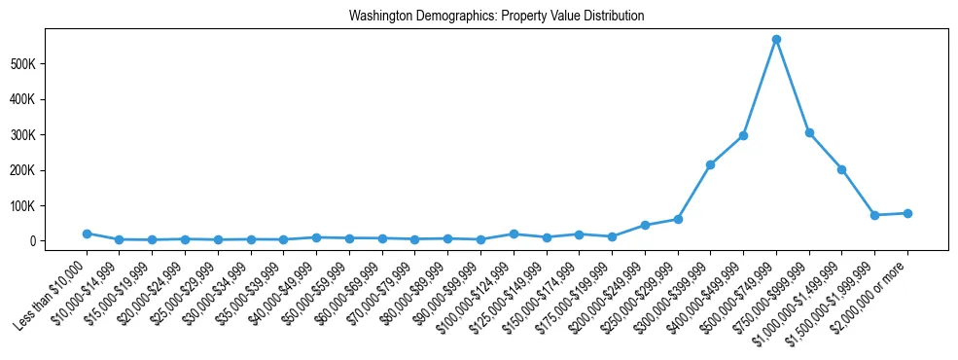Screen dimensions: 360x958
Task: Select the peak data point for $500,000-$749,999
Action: tap(776, 40)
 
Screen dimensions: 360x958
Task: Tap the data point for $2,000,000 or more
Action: tap(907, 213)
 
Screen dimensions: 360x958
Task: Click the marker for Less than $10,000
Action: tap(87, 234)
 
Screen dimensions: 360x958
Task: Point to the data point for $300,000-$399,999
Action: tap(710, 164)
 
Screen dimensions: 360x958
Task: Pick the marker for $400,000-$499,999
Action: tap(743, 135)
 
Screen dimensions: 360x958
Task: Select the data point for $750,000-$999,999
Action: tap(808, 132)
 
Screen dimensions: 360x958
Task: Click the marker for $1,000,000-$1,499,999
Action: tap(841, 169)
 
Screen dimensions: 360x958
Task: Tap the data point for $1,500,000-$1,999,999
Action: tap(874, 215)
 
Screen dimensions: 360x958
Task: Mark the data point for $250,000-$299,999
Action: tap(678, 219)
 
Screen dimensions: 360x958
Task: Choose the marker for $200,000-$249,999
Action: tap(645, 225)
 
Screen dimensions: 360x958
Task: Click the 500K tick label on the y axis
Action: tap(51, 64)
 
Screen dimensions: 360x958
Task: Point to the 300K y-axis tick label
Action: tap(51, 135)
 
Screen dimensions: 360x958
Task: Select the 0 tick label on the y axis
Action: tap(59, 241)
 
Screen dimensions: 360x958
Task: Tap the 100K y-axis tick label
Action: tap(51, 206)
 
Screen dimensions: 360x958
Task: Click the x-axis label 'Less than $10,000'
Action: tap(53, 289)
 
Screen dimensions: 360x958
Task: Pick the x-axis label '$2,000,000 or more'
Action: tap(872, 291)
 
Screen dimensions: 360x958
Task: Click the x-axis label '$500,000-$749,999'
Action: tap(743, 290)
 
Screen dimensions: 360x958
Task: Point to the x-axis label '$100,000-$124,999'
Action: tap(480, 290)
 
